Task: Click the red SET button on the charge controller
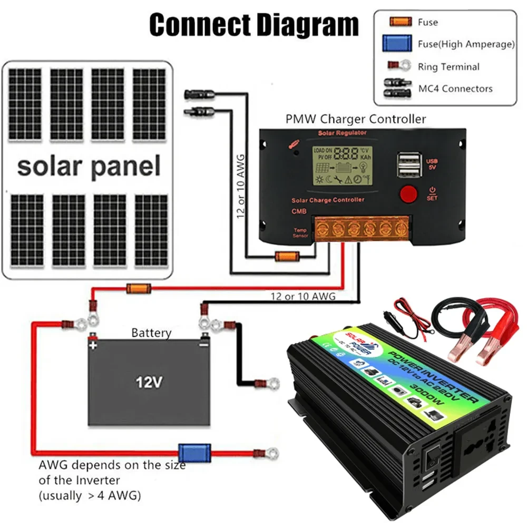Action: coord(408,194)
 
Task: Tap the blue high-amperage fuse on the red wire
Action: coord(187,452)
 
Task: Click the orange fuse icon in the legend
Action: coord(400,22)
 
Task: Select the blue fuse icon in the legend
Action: coord(397,44)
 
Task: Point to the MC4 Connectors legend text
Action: coord(455,89)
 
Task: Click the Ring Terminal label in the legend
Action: coord(448,67)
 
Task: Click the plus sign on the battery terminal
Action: coord(93,346)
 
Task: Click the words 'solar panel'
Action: coord(88,166)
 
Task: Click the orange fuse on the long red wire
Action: coord(139,288)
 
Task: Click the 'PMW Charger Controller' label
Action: coord(355,119)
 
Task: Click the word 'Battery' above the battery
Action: coord(151,333)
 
